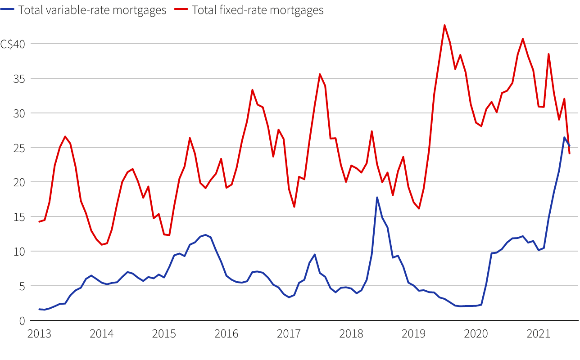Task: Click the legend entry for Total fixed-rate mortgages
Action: pyautogui.click(x=257, y=10)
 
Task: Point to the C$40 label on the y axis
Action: pyautogui.click(x=13, y=44)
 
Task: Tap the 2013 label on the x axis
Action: pyautogui.click(x=39, y=334)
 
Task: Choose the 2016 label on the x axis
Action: pyautogui.click(x=227, y=334)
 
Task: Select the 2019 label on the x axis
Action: pyautogui.click(x=413, y=334)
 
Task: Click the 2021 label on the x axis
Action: pyautogui.click(x=538, y=334)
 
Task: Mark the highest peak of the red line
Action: pyautogui.click(x=444, y=25)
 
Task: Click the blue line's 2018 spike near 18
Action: pyautogui.click(x=377, y=197)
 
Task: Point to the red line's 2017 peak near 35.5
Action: pyautogui.click(x=320, y=74)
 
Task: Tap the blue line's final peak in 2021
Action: pyautogui.click(x=564, y=137)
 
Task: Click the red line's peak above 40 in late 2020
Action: pyautogui.click(x=523, y=39)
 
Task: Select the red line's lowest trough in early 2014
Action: pyautogui.click(x=102, y=244)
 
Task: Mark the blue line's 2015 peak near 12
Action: pyautogui.click(x=205, y=235)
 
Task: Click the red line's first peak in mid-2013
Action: pyautogui.click(x=65, y=136)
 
